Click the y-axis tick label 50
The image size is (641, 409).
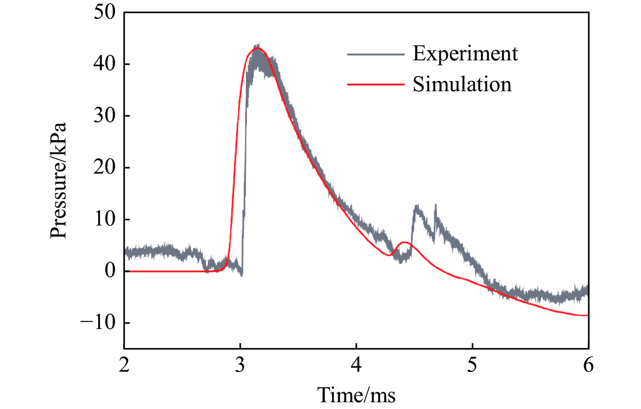tap(104, 13)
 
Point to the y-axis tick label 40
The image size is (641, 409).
tap(104, 64)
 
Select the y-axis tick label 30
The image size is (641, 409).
tap(104, 116)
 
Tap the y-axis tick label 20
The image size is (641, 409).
tap(104, 168)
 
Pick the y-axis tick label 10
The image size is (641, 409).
tap(104, 219)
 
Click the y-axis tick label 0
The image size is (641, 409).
tap(110, 271)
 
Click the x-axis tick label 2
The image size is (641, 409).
tap(124, 365)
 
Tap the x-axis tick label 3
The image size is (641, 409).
tap(240, 365)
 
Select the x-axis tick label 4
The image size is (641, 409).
tap(356, 365)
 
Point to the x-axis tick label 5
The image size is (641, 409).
tap(472, 365)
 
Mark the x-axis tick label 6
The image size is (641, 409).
tap(588, 365)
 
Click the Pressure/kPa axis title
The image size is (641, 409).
tap(58, 180)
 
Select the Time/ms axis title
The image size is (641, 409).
tap(356, 395)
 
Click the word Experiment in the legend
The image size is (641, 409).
tap(465, 54)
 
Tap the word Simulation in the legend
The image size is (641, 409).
tap(462, 84)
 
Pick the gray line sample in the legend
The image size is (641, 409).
tap(376, 54)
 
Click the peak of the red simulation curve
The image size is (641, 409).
tap(257, 48)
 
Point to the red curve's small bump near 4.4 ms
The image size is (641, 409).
tap(404, 242)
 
